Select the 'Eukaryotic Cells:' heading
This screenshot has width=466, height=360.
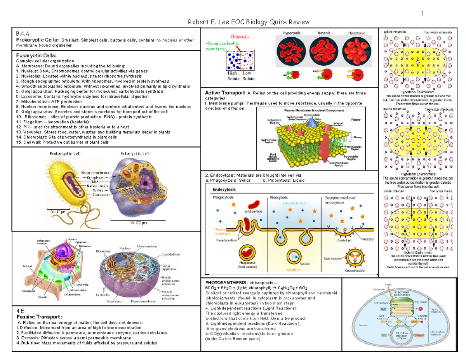pos(33,56)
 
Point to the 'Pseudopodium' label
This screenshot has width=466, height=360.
pos(227,240)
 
